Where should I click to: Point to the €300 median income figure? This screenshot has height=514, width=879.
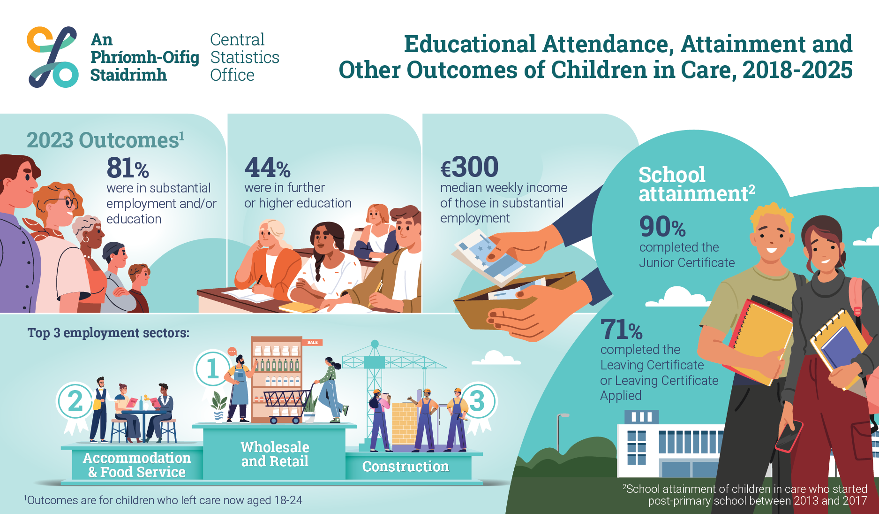coord(469,167)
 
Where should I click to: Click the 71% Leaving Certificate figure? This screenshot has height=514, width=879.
coord(621,330)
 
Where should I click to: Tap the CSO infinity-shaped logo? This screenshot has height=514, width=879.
coord(53,57)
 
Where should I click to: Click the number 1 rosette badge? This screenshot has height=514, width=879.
coord(212,369)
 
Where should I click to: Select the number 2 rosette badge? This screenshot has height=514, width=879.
coord(75,402)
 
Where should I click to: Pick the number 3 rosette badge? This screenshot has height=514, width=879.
coord(477,401)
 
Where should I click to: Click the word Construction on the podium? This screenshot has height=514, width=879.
coord(406,467)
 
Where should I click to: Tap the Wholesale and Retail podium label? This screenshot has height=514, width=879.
coord(275,454)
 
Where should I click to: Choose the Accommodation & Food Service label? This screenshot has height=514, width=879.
coord(136,465)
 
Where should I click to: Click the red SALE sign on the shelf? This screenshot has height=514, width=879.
coord(313,342)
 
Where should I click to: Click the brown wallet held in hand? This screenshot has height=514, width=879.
coord(511,300)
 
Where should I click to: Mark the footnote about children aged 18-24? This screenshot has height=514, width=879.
coord(163,500)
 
